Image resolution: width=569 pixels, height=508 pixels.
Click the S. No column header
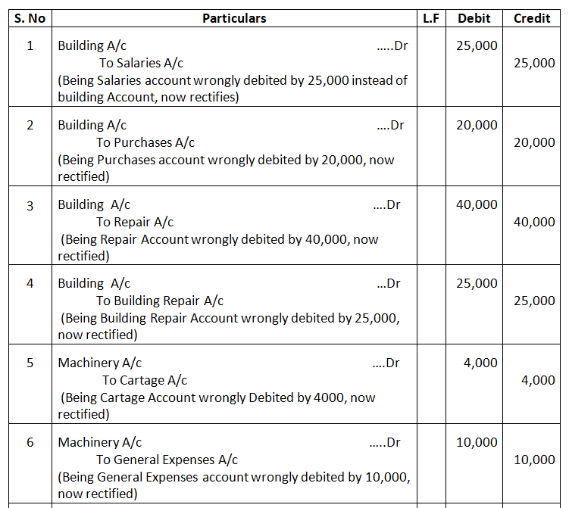pos(30,18)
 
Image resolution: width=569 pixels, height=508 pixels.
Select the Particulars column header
pos(234,18)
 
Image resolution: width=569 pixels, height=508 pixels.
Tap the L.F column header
pos(431,18)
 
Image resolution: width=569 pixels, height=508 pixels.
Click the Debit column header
pos(474,18)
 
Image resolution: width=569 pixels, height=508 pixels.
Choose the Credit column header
pos(532,18)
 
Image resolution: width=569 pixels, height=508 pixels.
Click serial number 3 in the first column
pos(30,204)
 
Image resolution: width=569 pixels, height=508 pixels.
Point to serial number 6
pos(30,442)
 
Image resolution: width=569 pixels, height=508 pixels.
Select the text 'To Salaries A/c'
pos(141,63)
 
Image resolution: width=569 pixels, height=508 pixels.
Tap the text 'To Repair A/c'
pos(135,222)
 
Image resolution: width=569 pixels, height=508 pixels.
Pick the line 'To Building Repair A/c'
pos(160,301)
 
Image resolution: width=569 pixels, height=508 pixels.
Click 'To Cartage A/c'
pos(145,380)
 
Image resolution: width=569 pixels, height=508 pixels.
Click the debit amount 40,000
pos(477,204)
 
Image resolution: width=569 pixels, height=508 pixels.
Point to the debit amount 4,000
pos(480,363)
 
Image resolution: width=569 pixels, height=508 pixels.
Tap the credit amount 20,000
pos(534,142)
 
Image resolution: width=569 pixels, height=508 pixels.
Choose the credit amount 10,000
pos(534,460)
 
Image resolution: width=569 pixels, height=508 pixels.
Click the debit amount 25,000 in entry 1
pos(477,45)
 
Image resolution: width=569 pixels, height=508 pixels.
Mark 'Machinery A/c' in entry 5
pos(100,363)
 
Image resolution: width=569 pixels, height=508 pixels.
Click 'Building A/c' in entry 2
pos(92,125)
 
